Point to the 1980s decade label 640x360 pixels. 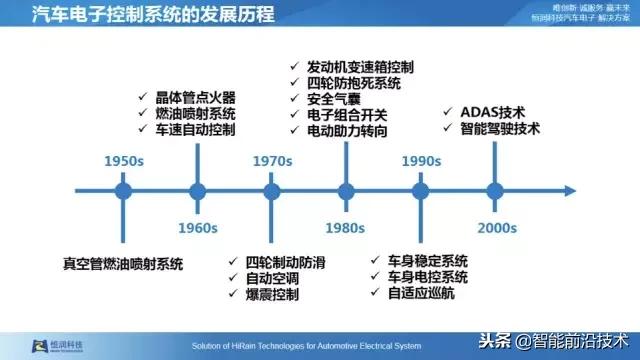click(345, 227)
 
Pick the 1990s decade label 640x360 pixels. click(421, 161)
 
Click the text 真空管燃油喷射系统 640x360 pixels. click(121, 264)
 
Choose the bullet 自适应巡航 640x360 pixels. click(419, 293)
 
